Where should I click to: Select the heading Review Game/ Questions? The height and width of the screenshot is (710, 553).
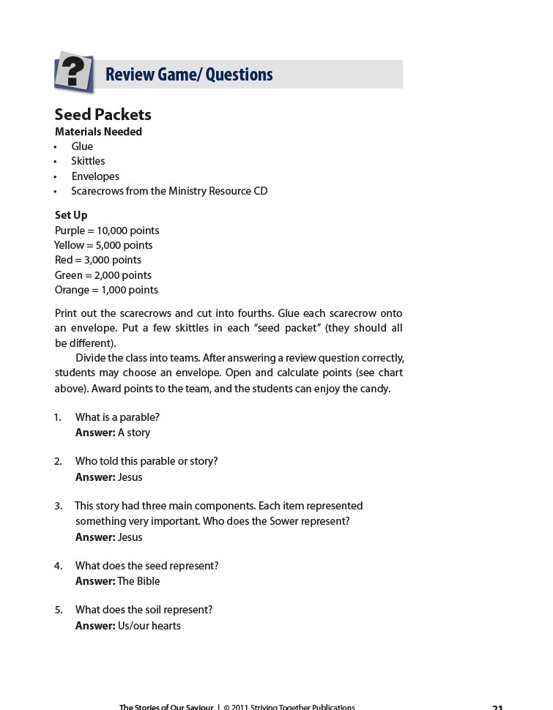189,75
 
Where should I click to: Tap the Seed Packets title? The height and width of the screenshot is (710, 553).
103,114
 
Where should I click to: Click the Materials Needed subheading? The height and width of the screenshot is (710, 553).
98,132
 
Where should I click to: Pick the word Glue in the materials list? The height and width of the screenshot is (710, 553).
82,146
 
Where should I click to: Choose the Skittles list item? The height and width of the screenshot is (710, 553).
88,161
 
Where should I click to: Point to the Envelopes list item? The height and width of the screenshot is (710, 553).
95,176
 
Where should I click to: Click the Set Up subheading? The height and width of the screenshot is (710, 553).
71,215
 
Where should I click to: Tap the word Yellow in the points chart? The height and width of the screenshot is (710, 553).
69,245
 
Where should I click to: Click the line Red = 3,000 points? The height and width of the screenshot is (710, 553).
98,260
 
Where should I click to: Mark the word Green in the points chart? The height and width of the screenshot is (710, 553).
69,275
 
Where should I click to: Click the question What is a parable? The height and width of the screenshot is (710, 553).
117,417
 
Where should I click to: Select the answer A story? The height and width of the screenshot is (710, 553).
134,433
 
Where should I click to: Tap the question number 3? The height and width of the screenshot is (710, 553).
58,506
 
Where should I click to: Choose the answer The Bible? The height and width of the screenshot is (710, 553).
138,581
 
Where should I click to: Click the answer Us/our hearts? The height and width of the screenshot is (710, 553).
149,626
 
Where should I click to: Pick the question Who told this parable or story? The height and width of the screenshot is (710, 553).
146,461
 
